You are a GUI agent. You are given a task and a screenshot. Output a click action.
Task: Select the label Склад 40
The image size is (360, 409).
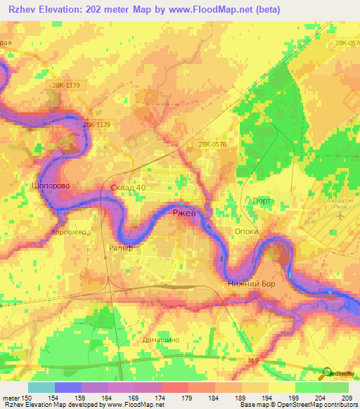pos(129,188)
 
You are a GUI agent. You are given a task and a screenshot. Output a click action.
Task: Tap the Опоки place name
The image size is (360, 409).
pos(247,231)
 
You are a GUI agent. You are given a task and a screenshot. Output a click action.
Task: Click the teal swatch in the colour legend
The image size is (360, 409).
pos(41,387)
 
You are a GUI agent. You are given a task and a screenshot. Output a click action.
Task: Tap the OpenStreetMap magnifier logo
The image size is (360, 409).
pos(328,374)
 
